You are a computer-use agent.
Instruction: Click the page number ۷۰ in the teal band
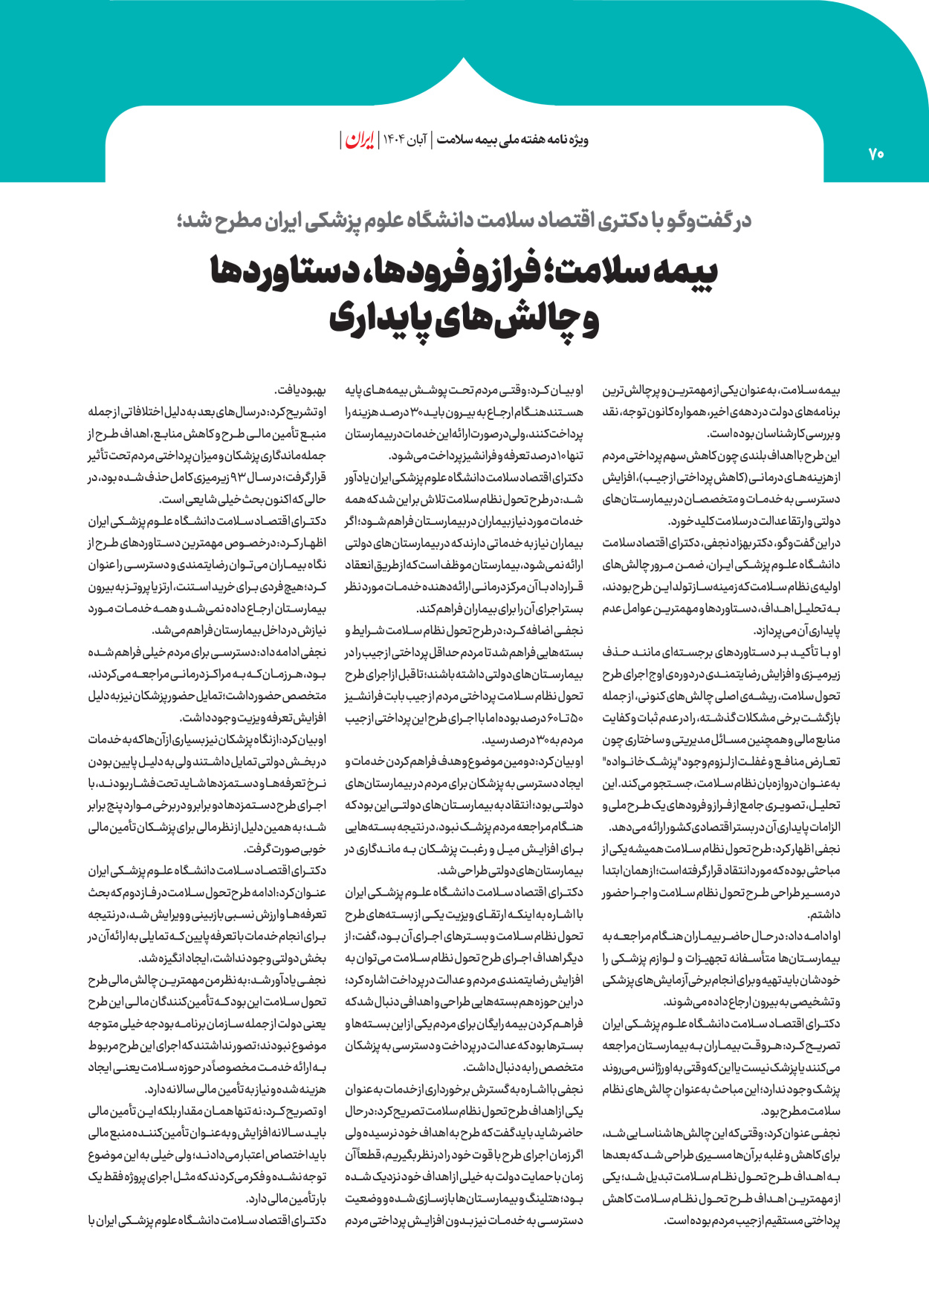click(875, 154)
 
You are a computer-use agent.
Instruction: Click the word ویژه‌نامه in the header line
click(570, 140)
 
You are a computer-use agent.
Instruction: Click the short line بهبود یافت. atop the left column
click(300, 390)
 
